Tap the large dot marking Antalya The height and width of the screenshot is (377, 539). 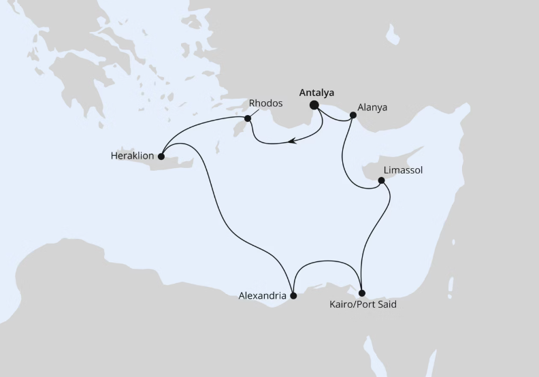(314, 105)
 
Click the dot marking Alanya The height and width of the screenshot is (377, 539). (353, 116)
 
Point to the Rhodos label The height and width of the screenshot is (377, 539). (265, 104)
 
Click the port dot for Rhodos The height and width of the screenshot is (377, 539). (248, 119)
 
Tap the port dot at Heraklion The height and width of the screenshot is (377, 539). (161, 157)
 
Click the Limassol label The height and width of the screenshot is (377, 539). (404, 170)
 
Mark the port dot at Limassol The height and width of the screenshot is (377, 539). (381, 180)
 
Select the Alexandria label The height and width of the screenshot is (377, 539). (262, 296)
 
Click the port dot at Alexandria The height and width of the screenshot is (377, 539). (293, 296)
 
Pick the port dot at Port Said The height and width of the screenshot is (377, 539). (361, 293)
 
